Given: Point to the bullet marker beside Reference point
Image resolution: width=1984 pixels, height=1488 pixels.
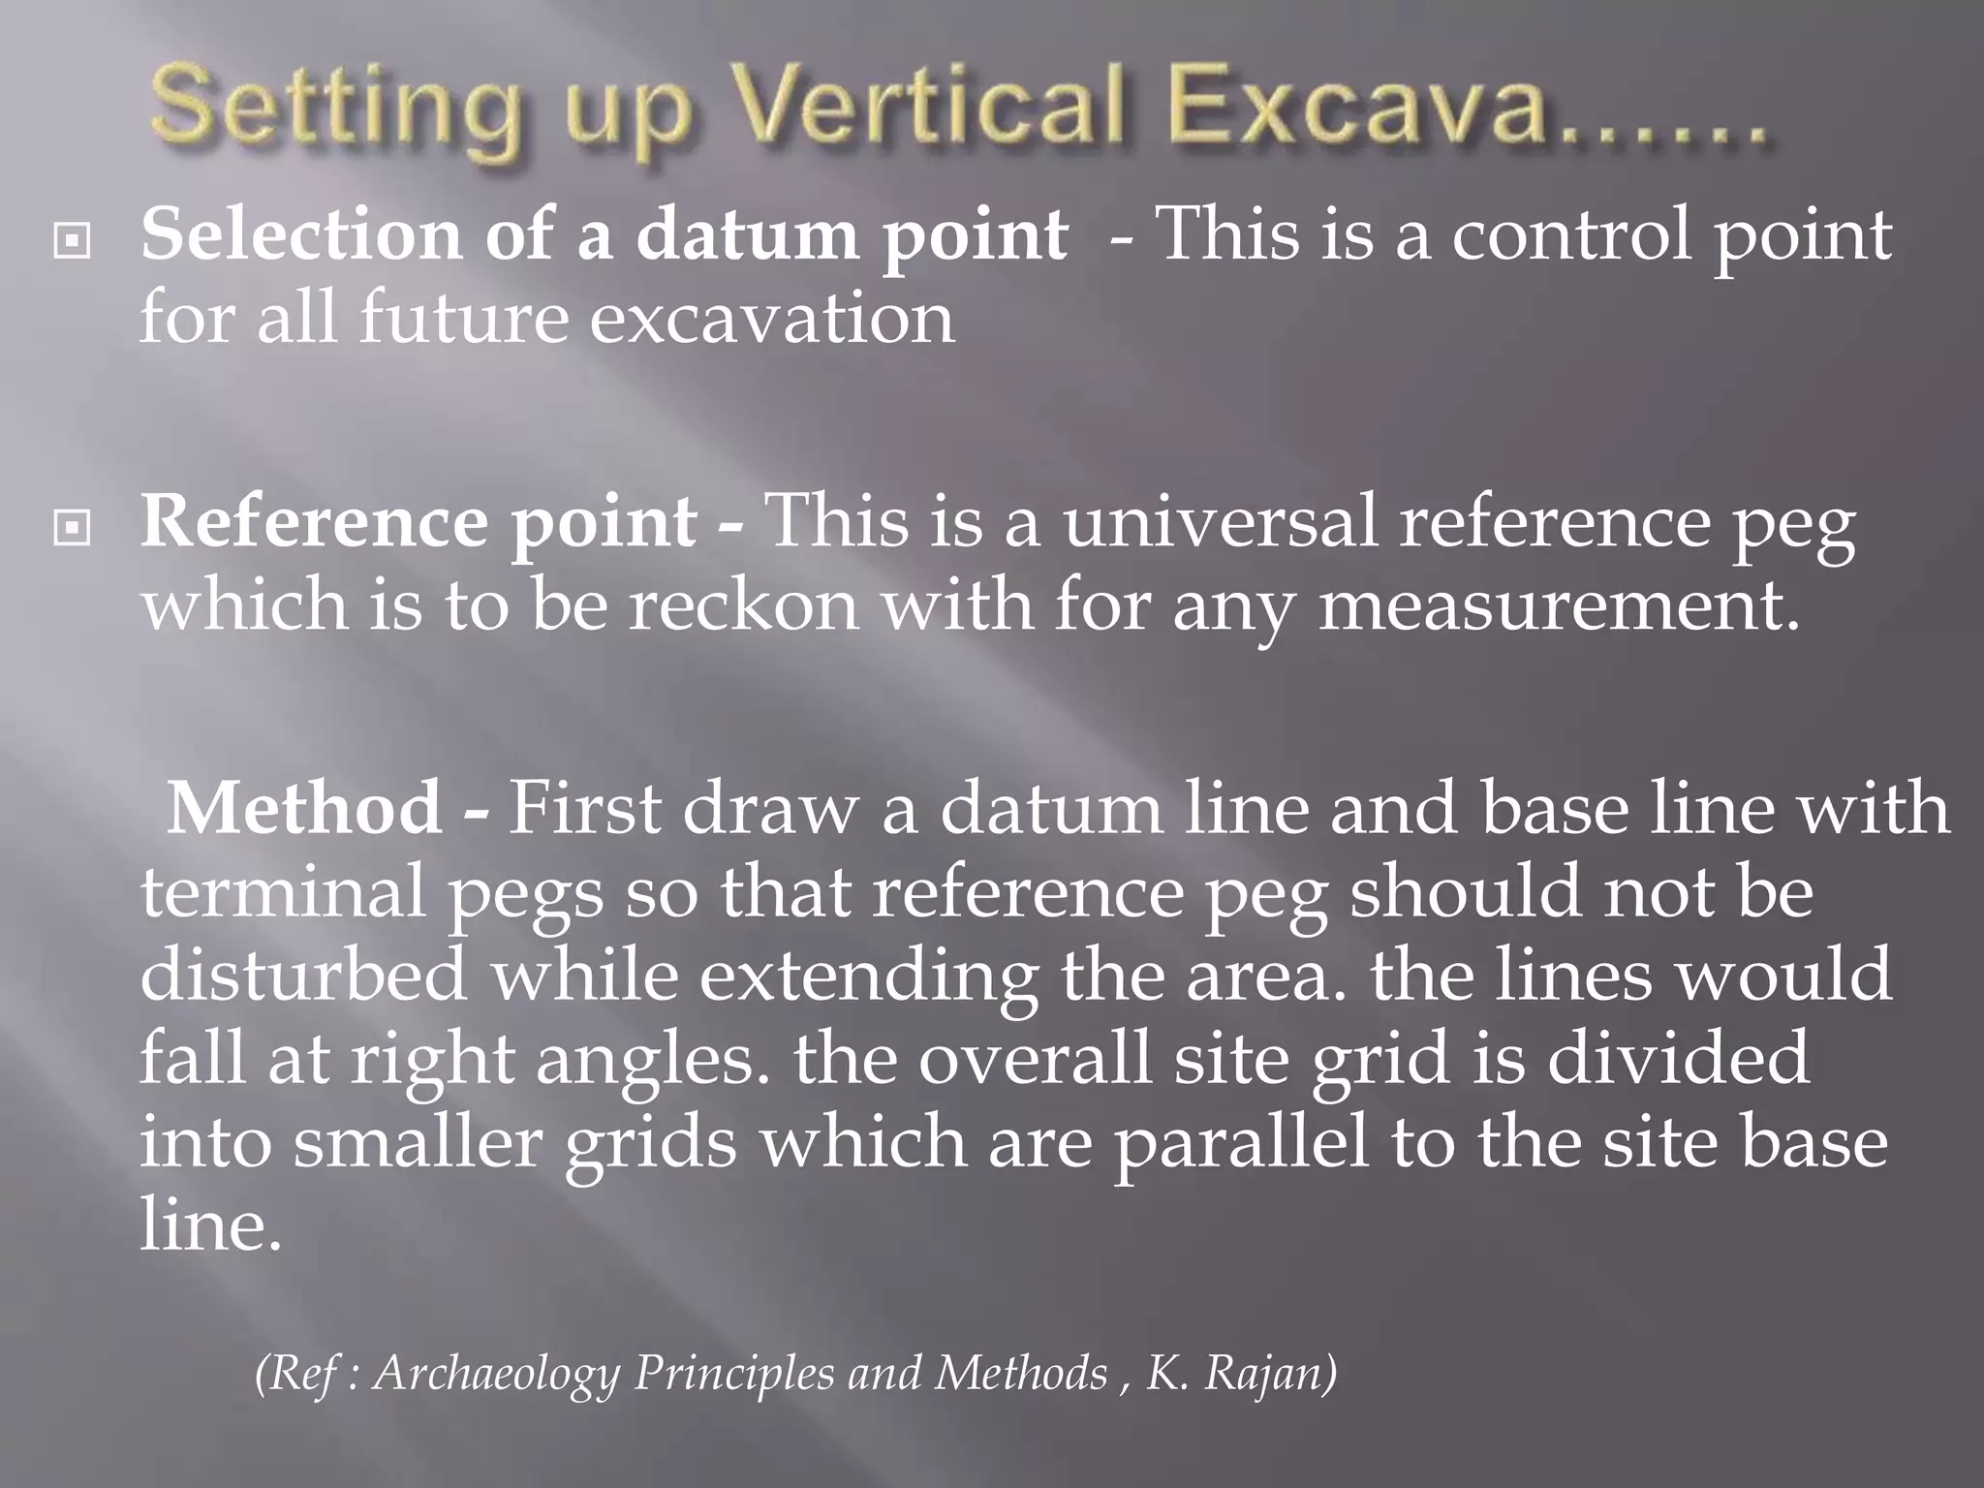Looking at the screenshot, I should click(73, 529).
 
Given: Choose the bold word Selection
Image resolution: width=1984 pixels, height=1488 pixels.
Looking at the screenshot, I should click(301, 234).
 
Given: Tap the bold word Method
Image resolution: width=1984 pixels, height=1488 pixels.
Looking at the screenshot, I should click(305, 808).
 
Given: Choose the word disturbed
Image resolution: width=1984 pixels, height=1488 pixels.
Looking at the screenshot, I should click(304, 975).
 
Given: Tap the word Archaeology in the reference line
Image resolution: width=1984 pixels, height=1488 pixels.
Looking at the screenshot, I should click(495, 1374).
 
